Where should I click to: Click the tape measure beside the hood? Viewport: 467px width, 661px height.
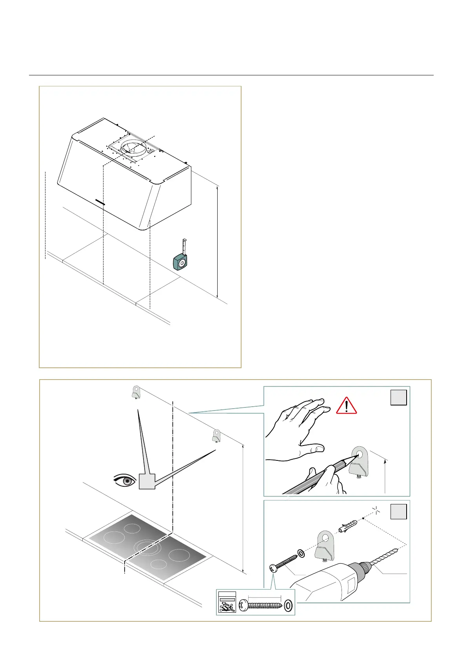(x=180, y=261)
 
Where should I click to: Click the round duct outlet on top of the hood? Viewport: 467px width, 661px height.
(x=133, y=148)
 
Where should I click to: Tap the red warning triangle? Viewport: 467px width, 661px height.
(x=346, y=406)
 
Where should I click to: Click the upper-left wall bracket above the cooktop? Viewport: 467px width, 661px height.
(x=136, y=392)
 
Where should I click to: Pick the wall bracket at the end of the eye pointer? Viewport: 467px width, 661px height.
(x=216, y=436)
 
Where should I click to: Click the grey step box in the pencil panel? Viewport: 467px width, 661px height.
(x=398, y=398)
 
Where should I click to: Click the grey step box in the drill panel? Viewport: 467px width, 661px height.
(x=398, y=511)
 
